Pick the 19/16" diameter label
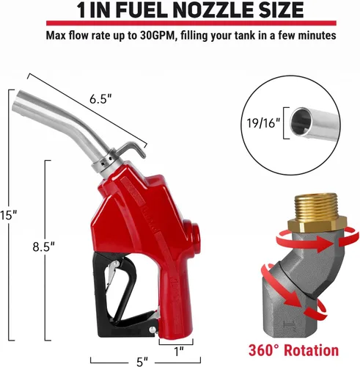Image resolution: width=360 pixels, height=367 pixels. [x=262, y=124]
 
